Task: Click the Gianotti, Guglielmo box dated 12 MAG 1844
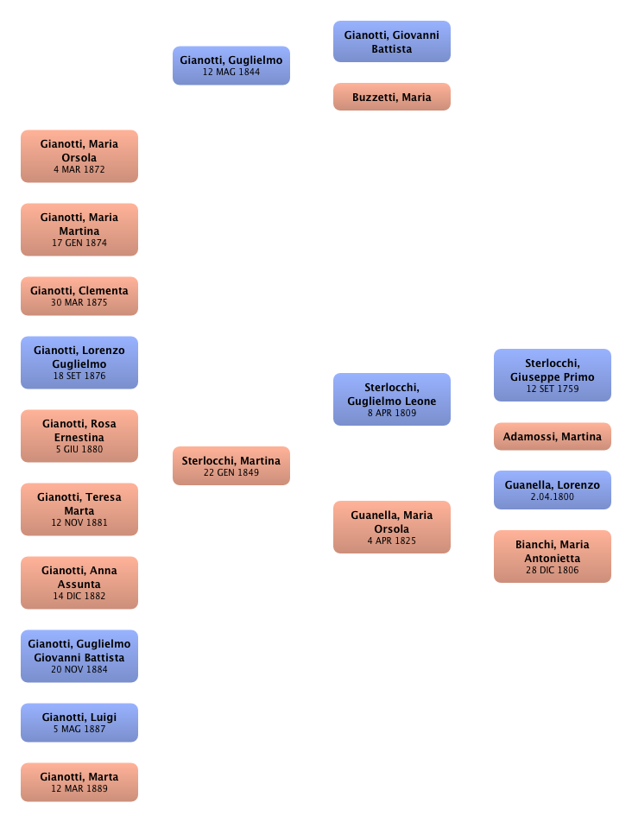pyautogui.click(x=231, y=66)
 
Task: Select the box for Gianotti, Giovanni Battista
pyautogui.click(x=391, y=42)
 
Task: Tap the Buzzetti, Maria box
pyautogui.click(x=391, y=98)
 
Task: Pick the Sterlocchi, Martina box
pyautogui.click(x=231, y=466)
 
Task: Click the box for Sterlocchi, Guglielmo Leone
pyautogui.click(x=392, y=400)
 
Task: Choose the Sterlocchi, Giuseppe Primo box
pyautogui.click(x=552, y=376)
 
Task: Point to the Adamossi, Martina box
pyautogui.click(x=552, y=437)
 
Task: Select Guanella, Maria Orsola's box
pyautogui.click(x=392, y=528)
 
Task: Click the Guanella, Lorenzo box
pyautogui.click(x=552, y=490)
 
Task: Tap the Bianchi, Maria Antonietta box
pyautogui.click(x=552, y=557)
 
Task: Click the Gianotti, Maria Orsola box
pyautogui.click(x=79, y=156)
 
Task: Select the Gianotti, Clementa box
pyautogui.click(x=79, y=296)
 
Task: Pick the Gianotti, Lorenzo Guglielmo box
pyautogui.click(x=79, y=363)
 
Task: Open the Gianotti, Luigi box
pyautogui.click(x=79, y=723)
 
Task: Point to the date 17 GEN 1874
pyautogui.click(x=79, y=243)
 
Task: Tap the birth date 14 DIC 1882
pyautogui.click(x=79, y=597)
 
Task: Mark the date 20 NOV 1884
pyautogui.click(x=79, y=670)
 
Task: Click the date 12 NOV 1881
pyautogui.click(x=79, y=523)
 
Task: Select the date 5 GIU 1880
pyautogui.click(x=79, y=450)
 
